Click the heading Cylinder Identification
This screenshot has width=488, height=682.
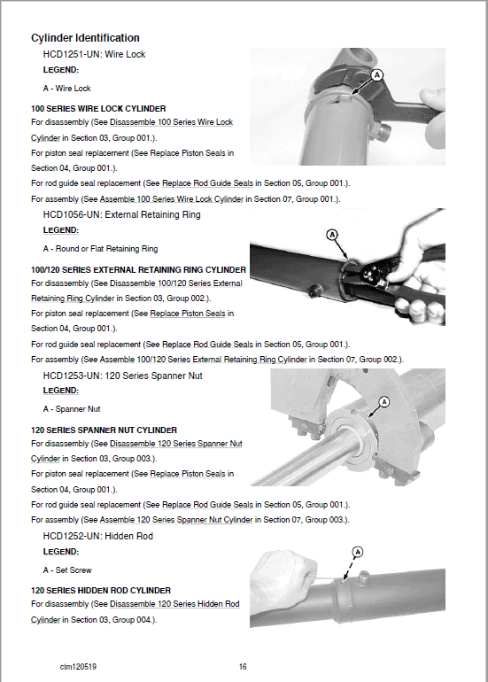[x=85, y=38]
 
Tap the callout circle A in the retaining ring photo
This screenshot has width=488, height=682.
[x=332, y=236]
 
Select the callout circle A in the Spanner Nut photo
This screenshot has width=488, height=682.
[x=383, y=402]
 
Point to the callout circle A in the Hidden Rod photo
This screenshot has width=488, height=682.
[x=358, y=552]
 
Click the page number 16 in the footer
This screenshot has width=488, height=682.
[x=244, y=666]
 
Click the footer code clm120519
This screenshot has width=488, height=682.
[x=79, y=666]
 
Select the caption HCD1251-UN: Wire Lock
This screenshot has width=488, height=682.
[x=94, y=55]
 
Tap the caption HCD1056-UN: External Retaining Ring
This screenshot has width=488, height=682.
[x=121, y=214]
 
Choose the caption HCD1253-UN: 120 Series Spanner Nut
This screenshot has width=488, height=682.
[x=122, y=376]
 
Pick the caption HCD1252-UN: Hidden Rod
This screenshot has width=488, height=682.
[x=97, y=536]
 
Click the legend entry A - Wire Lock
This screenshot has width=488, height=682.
[x=67, y=89]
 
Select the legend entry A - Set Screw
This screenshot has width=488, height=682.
[x=67, y=570]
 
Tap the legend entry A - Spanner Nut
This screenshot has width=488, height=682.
[x=72, y=409]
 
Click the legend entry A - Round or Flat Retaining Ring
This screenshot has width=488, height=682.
[x=100, y=249]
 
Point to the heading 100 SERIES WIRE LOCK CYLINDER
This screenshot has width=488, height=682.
[x=97, y=109]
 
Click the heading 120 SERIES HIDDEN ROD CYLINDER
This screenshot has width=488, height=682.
[x=101, y=590]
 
